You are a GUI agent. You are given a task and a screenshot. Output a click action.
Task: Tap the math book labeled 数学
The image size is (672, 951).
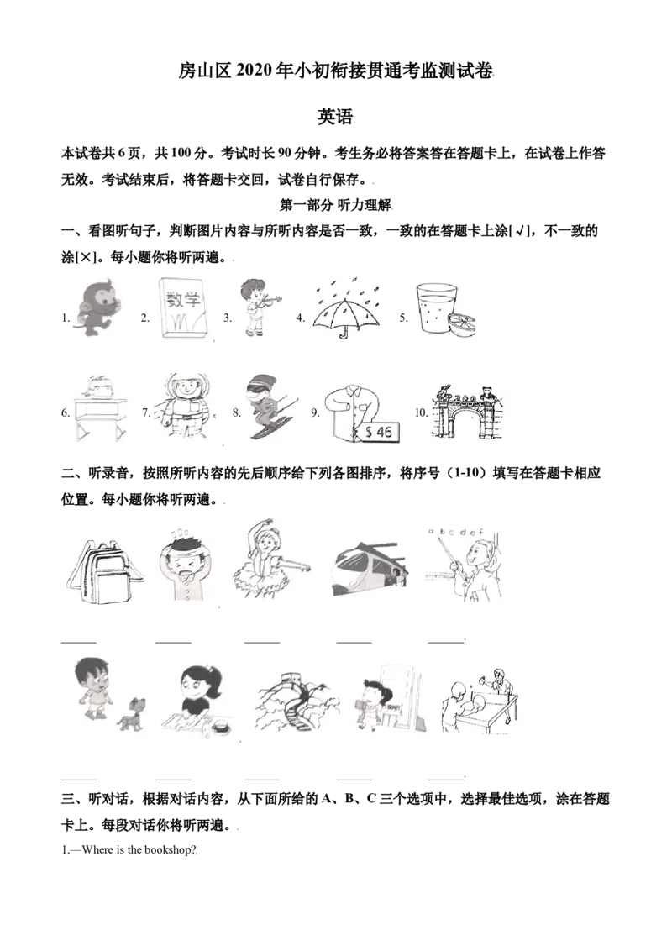(181, 308)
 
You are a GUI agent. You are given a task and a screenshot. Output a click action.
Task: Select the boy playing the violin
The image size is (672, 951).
(257, 307)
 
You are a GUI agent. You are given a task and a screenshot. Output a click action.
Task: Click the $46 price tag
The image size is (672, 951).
(380, 431)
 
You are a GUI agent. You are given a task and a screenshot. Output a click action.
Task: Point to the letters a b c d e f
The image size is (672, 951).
(456, 532)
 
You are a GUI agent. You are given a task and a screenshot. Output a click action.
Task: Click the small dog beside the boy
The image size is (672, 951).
(132, 713)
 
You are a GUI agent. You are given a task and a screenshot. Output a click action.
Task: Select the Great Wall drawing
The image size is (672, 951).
(297, 703)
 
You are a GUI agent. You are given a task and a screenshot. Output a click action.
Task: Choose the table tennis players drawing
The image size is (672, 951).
(479, 701)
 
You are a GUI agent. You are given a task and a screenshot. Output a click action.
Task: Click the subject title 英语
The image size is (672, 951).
(335, 117)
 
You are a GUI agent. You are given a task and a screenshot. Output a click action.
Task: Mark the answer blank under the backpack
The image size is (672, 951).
(79, 642)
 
